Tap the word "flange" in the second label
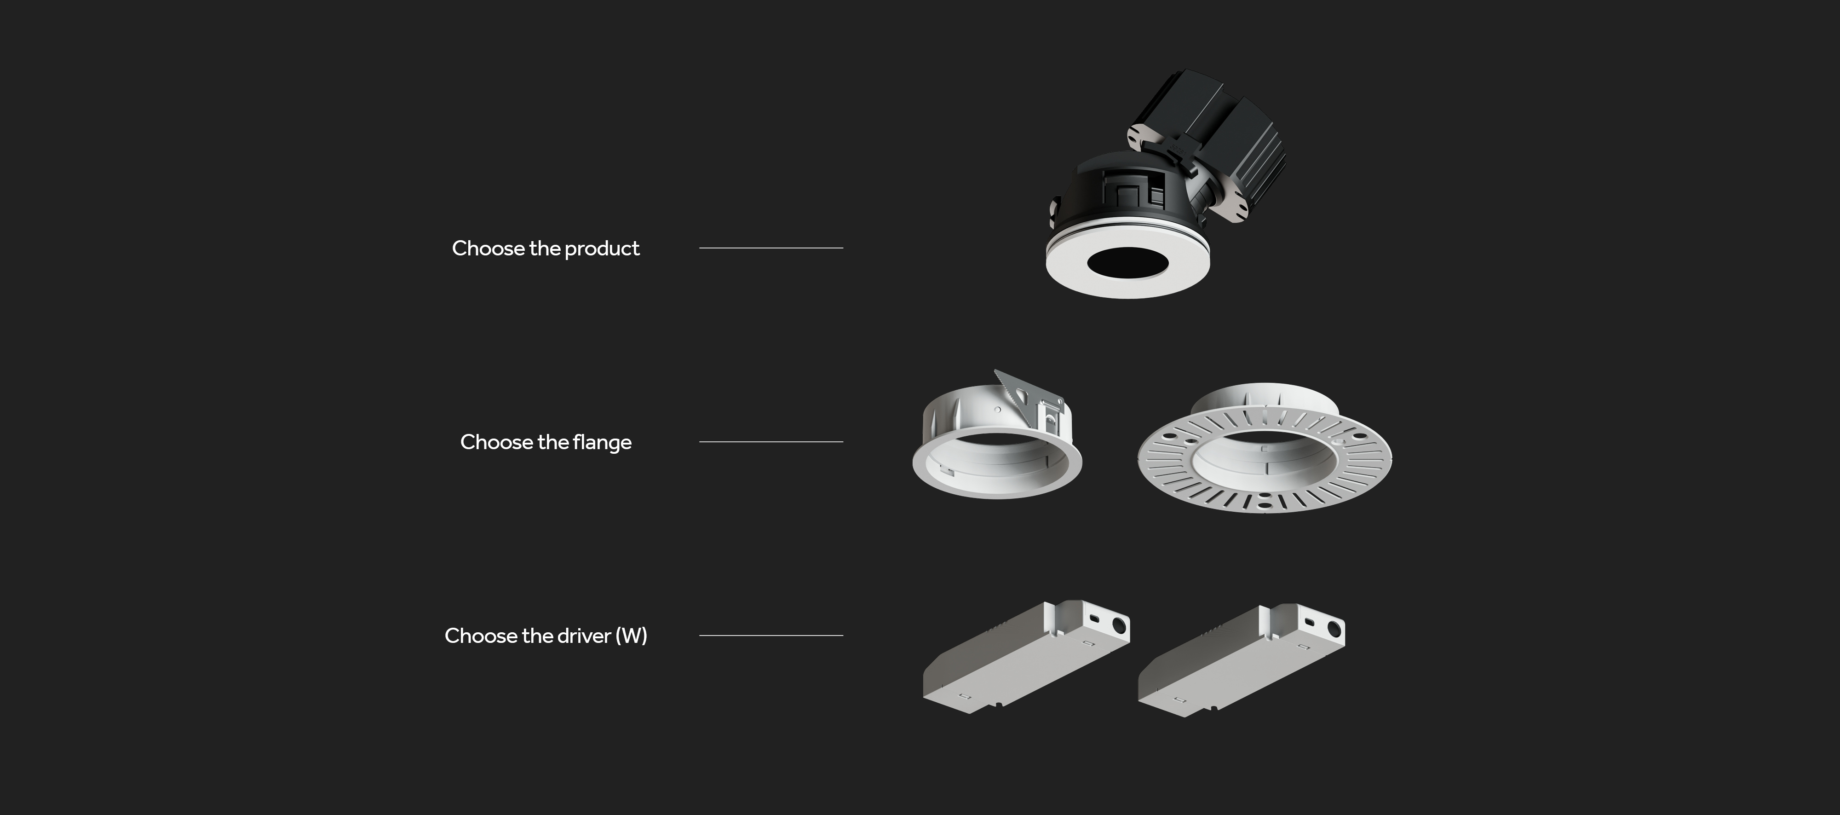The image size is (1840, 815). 602,443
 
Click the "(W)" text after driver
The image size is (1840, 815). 632,636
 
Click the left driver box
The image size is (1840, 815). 1026,657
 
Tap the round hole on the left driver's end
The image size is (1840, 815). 1119,626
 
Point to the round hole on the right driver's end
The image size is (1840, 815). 1334,630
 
